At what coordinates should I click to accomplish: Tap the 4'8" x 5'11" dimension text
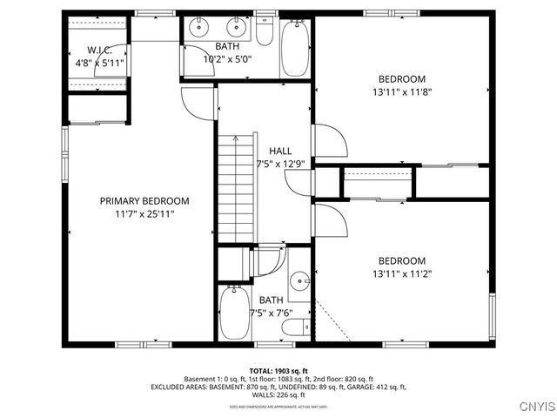tap(99, 63)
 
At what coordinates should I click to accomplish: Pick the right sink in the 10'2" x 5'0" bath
tap(238, 26)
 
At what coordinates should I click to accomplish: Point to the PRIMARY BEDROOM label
tap(144, 200)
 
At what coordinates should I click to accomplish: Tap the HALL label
tap(279, 151)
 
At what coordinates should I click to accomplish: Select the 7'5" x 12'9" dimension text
tap(279, 164)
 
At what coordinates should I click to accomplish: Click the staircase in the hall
tap(237, 187)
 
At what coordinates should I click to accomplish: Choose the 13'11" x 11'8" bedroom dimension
tap(400, 90)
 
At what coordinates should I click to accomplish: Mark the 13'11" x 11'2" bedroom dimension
tap(400, 273)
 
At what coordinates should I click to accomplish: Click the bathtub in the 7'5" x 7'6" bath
tap(234, 313)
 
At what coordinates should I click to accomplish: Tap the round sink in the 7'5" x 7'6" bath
tap(299, 280)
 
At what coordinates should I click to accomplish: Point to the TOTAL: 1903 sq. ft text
tap(278, 371)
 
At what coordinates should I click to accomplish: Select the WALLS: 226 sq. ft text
tap(278, 394)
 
